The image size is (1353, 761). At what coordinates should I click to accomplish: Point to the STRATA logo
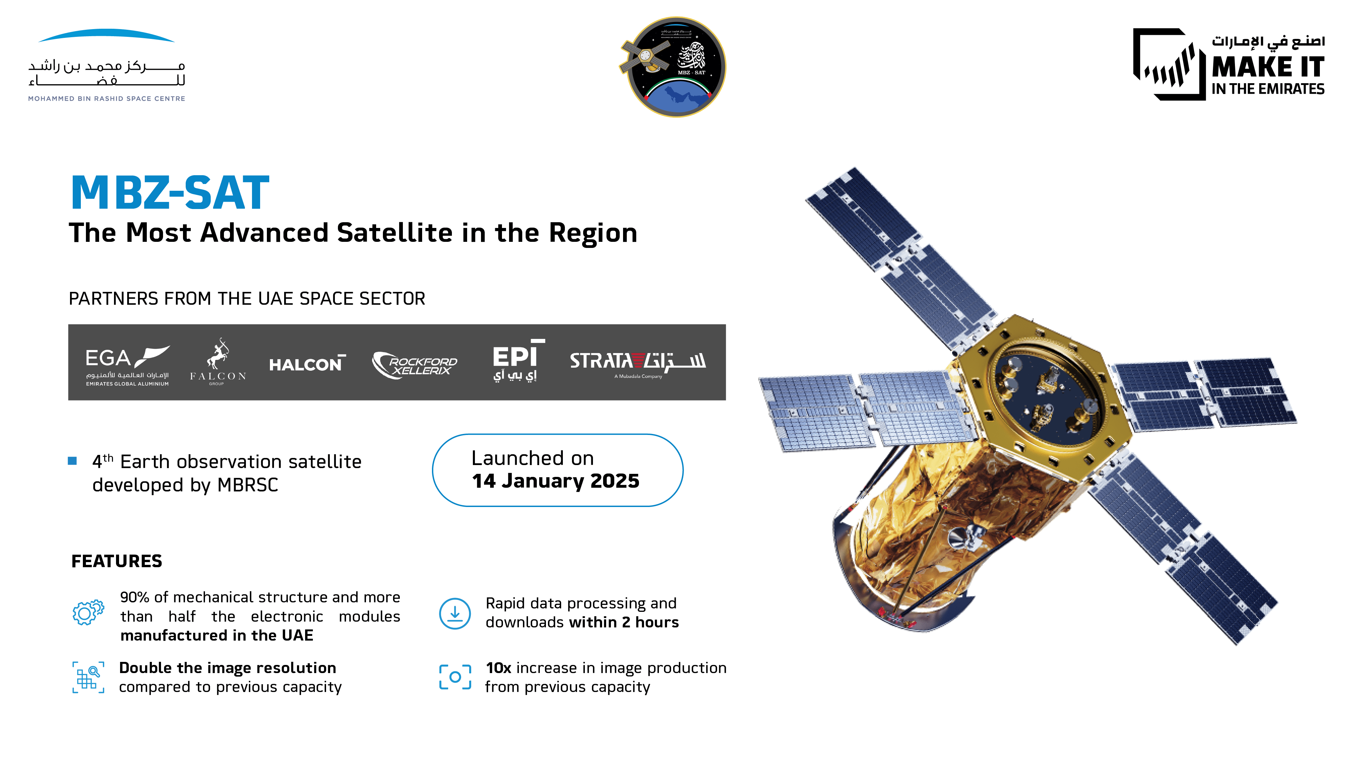point(637,362)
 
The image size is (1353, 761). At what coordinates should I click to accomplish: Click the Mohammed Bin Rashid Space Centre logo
point(107,66)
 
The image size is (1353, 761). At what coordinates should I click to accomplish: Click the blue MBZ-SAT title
point(170,193)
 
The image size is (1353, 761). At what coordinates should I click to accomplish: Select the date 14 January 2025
point(555,481)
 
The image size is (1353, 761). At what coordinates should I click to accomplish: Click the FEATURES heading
point(117,561)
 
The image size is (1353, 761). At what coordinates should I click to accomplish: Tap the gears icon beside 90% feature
point(88,612)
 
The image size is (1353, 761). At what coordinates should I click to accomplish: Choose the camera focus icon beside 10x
point(455,677)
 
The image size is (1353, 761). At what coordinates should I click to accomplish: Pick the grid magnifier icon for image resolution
point(88,677)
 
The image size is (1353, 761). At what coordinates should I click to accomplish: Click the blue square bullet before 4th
point(72,461)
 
